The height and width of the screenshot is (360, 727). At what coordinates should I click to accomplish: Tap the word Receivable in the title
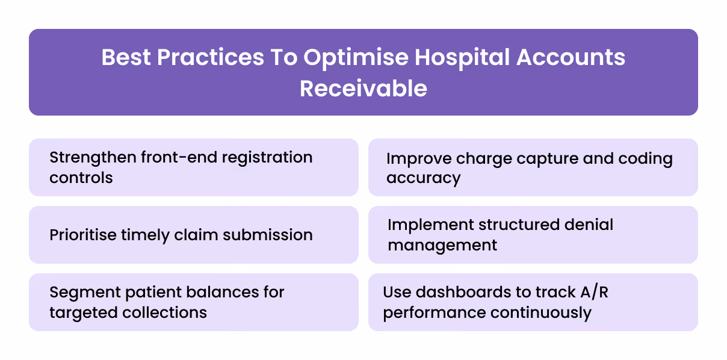click(x=363, y=88)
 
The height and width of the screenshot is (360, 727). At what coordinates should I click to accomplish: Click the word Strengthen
click(x=92, y=158)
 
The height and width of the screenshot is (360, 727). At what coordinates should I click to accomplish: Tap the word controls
click(x=81, y=178)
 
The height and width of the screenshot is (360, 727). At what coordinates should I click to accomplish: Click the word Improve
click(x=419, y=159)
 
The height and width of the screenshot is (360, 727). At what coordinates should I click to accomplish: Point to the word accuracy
click(x=423, y=178)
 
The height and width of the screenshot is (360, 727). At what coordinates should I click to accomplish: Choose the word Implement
click(x=430, y=225)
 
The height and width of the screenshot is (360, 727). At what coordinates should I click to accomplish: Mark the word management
click(x=442, y=245)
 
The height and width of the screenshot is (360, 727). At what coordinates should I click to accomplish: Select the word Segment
click(x=84, y=293)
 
